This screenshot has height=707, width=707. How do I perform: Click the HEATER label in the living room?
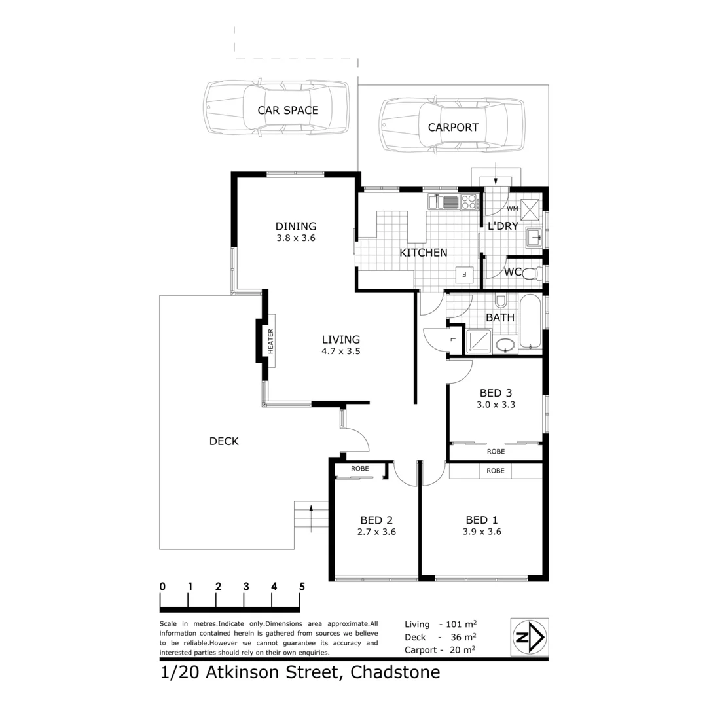pos(270,340)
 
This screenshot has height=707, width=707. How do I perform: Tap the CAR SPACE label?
pos(287,110)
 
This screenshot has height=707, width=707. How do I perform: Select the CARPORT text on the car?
pos(453,128)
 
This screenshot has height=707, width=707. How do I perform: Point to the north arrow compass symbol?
pos(530,637)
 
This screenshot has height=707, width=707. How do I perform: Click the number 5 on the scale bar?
pos(302,587)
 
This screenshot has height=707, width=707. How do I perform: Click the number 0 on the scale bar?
pos(162,587)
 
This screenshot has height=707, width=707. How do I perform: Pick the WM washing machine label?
pos(513,208)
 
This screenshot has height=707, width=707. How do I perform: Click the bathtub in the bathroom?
pos(530,323)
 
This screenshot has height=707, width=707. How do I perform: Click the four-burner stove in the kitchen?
pos(469,202)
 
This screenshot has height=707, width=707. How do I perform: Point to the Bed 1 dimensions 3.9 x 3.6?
pos(481,532)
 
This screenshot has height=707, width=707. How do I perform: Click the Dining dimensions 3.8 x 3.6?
pos(296,238)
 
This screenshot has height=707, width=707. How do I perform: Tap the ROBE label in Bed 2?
pos(359,469)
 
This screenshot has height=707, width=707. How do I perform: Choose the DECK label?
pos(224,441)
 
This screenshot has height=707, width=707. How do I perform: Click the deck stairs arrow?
pos(311,507)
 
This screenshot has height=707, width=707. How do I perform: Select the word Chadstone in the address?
pos(395,672)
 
